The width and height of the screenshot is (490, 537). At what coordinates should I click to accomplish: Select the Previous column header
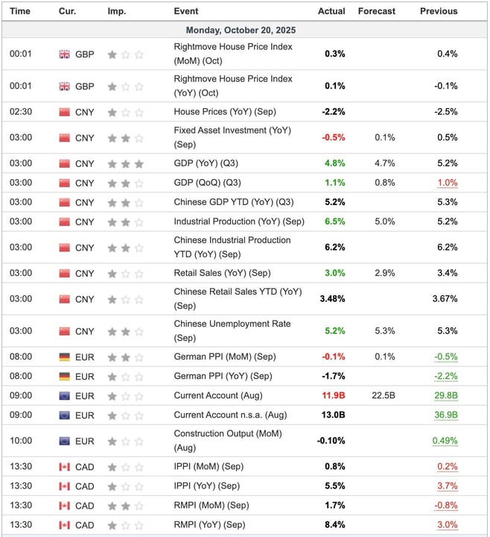click(x=438, y=11)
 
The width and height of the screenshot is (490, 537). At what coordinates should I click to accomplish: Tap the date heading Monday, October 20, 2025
click(x=245, y=31)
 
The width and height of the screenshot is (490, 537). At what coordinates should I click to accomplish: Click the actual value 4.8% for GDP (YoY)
click(x=335, y=163)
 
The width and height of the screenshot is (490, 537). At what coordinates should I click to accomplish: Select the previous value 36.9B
click(x=445, y=415)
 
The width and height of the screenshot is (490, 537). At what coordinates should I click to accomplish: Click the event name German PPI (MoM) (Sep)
click(x=224, y=357)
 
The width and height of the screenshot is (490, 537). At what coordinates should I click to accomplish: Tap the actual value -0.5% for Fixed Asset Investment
click(x=333, y=137)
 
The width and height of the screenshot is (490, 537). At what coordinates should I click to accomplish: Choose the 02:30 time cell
click(x=19, y=112)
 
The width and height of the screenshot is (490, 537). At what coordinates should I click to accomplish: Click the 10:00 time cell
click(x=19, y=441)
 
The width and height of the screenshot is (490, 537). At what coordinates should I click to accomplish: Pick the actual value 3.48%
click(x=331, y=298)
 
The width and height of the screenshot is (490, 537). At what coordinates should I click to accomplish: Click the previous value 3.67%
click(x=445, y=298)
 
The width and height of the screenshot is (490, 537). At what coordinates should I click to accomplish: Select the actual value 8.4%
click(x=335, y=525)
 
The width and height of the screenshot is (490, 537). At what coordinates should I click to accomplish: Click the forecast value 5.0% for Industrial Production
click(x=385, y=222)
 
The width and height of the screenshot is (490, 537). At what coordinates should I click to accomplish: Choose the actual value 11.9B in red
click(x=333, y=395)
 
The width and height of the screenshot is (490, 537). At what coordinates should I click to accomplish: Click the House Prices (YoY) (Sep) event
click(x=222, y=112)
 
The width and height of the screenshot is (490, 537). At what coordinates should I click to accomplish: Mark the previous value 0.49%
click(x=445, y=441)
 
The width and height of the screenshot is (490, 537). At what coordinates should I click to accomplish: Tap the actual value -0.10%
click(x=331, y=441)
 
